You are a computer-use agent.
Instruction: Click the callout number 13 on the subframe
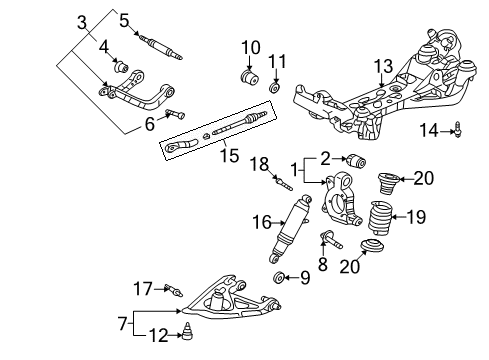[384, 66]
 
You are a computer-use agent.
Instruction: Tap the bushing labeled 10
[248, 76]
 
